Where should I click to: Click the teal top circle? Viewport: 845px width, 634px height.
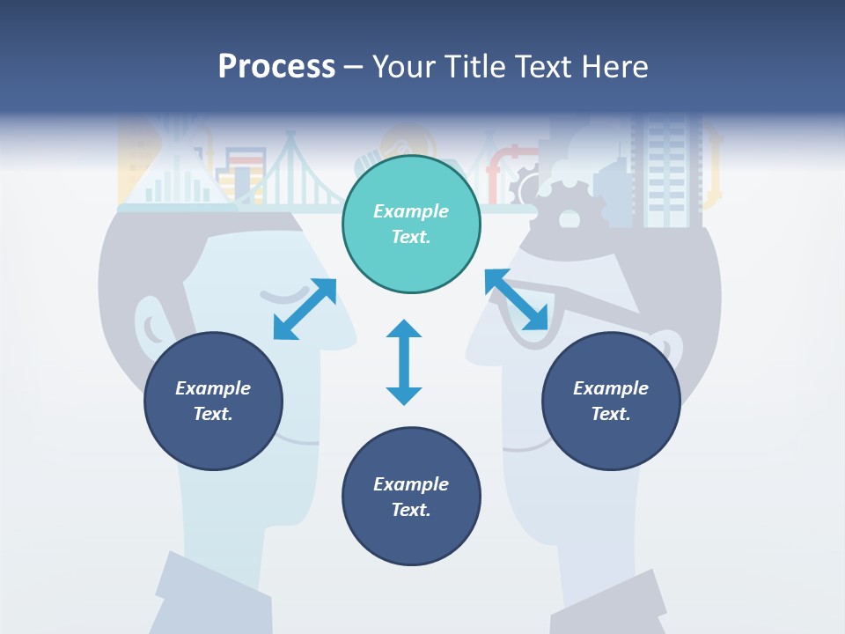pos(411,224)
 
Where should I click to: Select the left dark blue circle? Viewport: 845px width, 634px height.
pos(213,401)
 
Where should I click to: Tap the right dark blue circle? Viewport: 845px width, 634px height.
pos(611,401)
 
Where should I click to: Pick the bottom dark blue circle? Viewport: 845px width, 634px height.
pos(411,497)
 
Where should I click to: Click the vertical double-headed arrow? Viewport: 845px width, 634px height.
pos(404,362)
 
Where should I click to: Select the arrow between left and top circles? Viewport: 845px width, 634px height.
pos(305,309)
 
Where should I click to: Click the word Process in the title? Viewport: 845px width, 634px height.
pos(276,66)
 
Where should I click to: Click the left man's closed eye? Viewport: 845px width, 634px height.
pos(280,293)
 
